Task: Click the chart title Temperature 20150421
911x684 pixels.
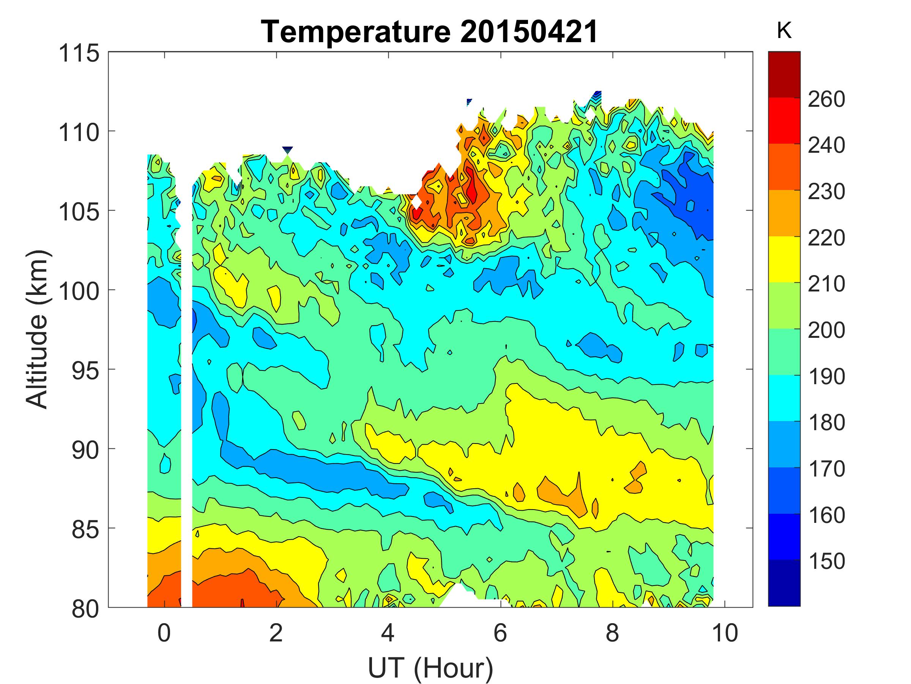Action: point(430,32)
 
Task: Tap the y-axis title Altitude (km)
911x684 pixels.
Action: point(38,329)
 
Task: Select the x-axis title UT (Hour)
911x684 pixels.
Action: point(430,667)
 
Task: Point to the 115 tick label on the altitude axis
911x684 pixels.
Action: point(79,54)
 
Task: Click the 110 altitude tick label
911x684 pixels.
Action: point(79,133)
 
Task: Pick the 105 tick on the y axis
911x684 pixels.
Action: point(79,212)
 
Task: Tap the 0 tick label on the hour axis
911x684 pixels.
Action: point(164,634)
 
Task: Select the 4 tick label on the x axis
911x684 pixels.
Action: point(388,634)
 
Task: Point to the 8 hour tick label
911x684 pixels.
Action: point(612,634)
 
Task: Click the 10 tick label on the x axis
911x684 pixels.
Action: point(724,634)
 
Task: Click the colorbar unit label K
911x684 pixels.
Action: point(784,31)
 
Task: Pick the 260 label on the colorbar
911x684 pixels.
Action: point(826,99)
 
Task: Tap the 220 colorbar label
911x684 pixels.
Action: point(826,238)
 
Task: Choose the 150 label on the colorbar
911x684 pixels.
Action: point(826,561)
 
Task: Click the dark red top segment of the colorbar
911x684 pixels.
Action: point(784,74)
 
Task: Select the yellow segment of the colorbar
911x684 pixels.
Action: point(784,259)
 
